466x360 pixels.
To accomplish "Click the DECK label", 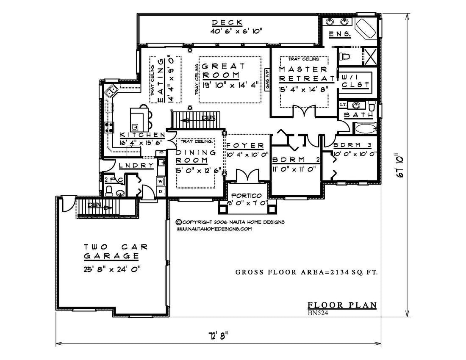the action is click(x=227, y=22).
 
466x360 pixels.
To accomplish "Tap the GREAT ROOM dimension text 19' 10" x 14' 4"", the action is click(x=230, y=85).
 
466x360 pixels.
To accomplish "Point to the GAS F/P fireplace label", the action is click(x=267, y=80).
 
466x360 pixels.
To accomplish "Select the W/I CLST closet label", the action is click(x=355, y=81).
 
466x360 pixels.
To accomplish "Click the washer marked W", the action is click(x=161, y=181).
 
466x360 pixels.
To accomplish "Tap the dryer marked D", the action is click(x=161, y=191).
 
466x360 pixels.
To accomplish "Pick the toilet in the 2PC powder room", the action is click(x=109, y=191).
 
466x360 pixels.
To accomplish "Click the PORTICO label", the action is click(x=247, y=196).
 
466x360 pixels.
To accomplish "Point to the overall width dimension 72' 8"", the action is click(x=218, y=336).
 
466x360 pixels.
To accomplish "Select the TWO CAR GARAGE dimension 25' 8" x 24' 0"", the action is click(x=112, y=269).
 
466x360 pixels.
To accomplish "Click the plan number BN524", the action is click(x=318, y=313).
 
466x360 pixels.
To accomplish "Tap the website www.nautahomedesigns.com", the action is click(x=214, y=229).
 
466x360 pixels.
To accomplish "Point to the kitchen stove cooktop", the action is click(x=109, y=127).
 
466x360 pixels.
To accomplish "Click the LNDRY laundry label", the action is click(x=136, y=166).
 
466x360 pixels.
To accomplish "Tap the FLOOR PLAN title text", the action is click(x=342, y=305).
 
